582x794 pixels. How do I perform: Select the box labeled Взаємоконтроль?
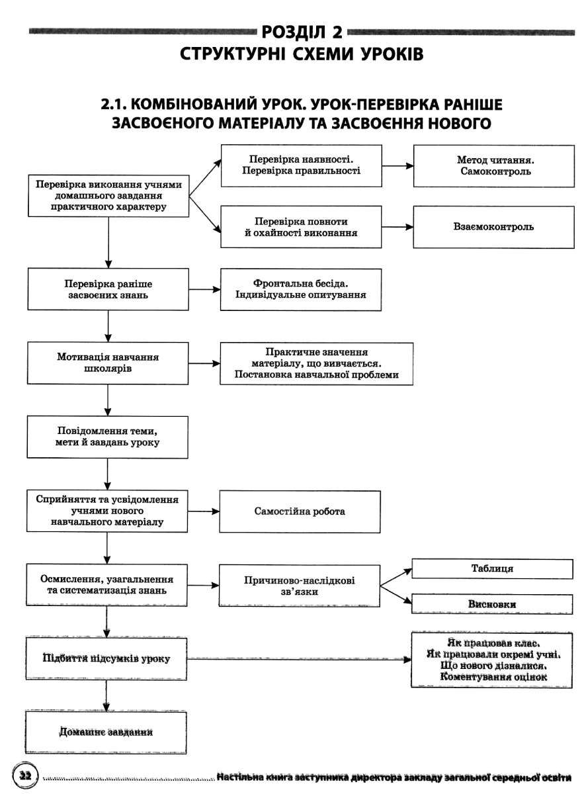pyautogui.click(x=493, y=227)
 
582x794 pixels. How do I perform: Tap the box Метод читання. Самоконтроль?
pyautogui.click(x=494, y=166)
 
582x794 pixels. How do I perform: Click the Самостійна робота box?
pyautogui.click(x=300, y=511)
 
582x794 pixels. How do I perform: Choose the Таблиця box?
pyautogui.click(x=492, y=569)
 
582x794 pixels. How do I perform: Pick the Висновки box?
pyautogui.click(x=492, y=604)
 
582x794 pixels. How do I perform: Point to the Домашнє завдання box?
pyautogui.click(x=106, y=732)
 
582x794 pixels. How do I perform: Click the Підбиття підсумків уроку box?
pyautogui.click(x=106, y=658)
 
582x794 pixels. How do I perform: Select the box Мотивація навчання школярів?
pyautogui.click(x=108, y=363)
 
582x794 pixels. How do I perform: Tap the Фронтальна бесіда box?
pyautogui.click(x=301, y=290)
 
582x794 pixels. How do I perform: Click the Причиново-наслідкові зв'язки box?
pyautogui.click(x=300, y=586)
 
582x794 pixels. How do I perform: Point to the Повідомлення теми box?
pyautogui.click(x=107, y=437)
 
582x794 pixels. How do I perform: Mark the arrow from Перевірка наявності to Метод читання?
pyautogui.click(x=397, y=165)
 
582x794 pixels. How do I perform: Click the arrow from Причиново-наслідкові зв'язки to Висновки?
pyautogui.click(x=396, y=594)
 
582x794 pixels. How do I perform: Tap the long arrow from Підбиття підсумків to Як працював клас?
pyautogui.click(x=299, y=659)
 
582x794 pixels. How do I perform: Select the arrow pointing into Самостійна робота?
pyautogui.click(x=203, y=511)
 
